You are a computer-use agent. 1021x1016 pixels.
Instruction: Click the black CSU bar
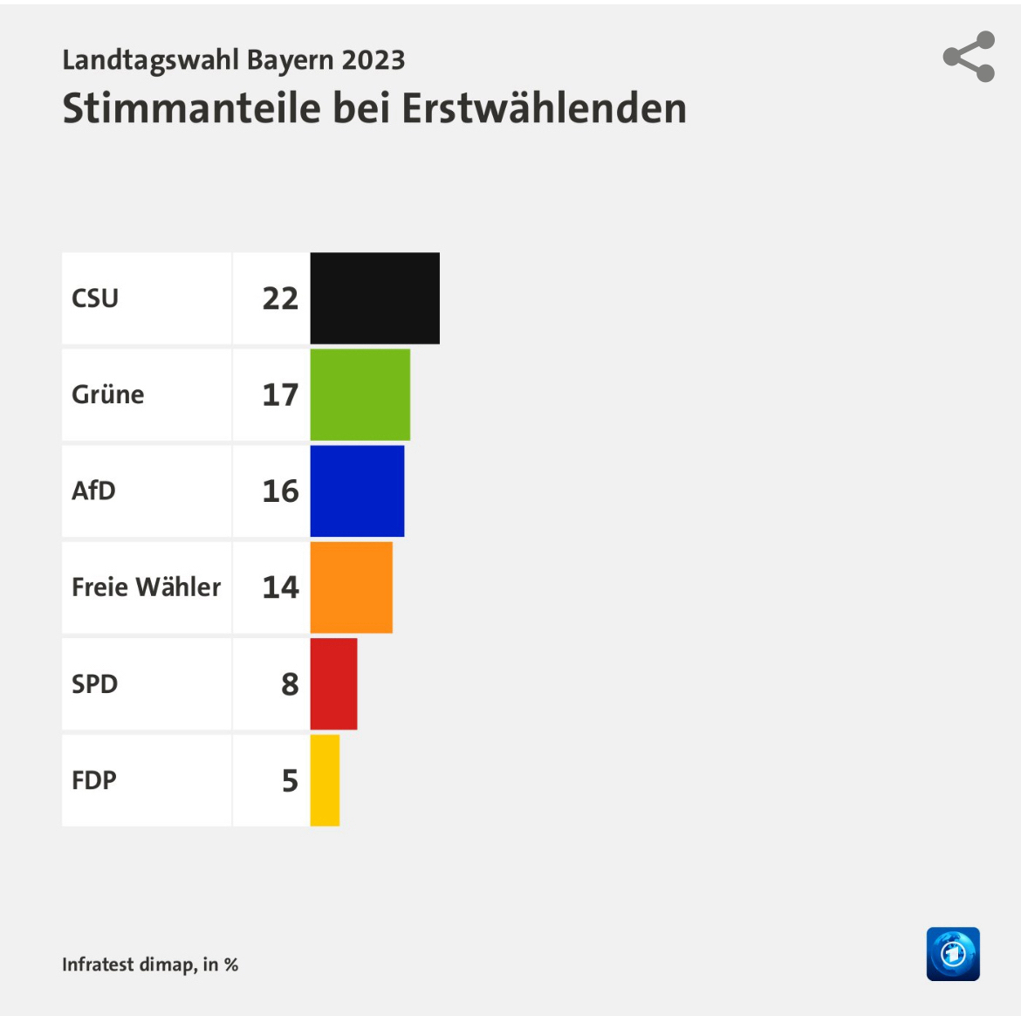pyautogui.click(x=374, y=299)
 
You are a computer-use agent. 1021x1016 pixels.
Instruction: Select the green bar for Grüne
pyautogui.click(x=360, y=395)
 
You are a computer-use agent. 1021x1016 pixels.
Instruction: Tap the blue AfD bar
pyautogui.click(x=357, y=491)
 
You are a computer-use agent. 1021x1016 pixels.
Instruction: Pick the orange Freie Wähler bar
pyautogui.click(x=351, y=587)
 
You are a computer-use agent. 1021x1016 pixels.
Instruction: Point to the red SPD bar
pyautogui.click(x=333, y=683)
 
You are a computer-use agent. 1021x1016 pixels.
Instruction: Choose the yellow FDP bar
pyautogui.click(x=325, y=780)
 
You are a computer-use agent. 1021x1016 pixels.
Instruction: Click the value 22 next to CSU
pyautogui.click(x=280, y=299)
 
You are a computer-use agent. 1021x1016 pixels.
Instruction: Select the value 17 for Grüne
pyautogui.click(x=280, y=395)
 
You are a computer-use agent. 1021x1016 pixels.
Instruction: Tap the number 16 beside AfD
pyautogui.click(x=280, y=491)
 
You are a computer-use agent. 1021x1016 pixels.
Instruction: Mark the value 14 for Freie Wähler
pyautogui.click(x=280, y=587)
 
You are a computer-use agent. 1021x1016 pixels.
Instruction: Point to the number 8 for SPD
pyautogui.click(x=290, y=683)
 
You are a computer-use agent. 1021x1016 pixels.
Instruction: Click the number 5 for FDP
pyautogui.click(x=290, y=780)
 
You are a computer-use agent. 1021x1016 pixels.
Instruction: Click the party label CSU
pyautogui.click(x=95, y=299)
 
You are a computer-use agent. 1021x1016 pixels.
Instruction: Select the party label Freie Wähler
pyautogui.click(x=146, y=587)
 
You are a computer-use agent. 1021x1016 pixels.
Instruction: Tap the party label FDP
pyautogui.click(x=94, y=780)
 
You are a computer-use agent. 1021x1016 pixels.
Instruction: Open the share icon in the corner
pyautogui.click(x=969, y=57)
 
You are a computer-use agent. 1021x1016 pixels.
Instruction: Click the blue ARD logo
pyautogui.click(x=953, y=954)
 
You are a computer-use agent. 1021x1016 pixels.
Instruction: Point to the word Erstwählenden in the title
pyautogui.click(x=544, y=109)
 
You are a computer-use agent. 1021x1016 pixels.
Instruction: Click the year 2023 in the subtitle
pyautogui.click(x=373, y=60)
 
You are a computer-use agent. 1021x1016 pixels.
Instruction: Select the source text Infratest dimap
pyautogui.click(x=128, y=965)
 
